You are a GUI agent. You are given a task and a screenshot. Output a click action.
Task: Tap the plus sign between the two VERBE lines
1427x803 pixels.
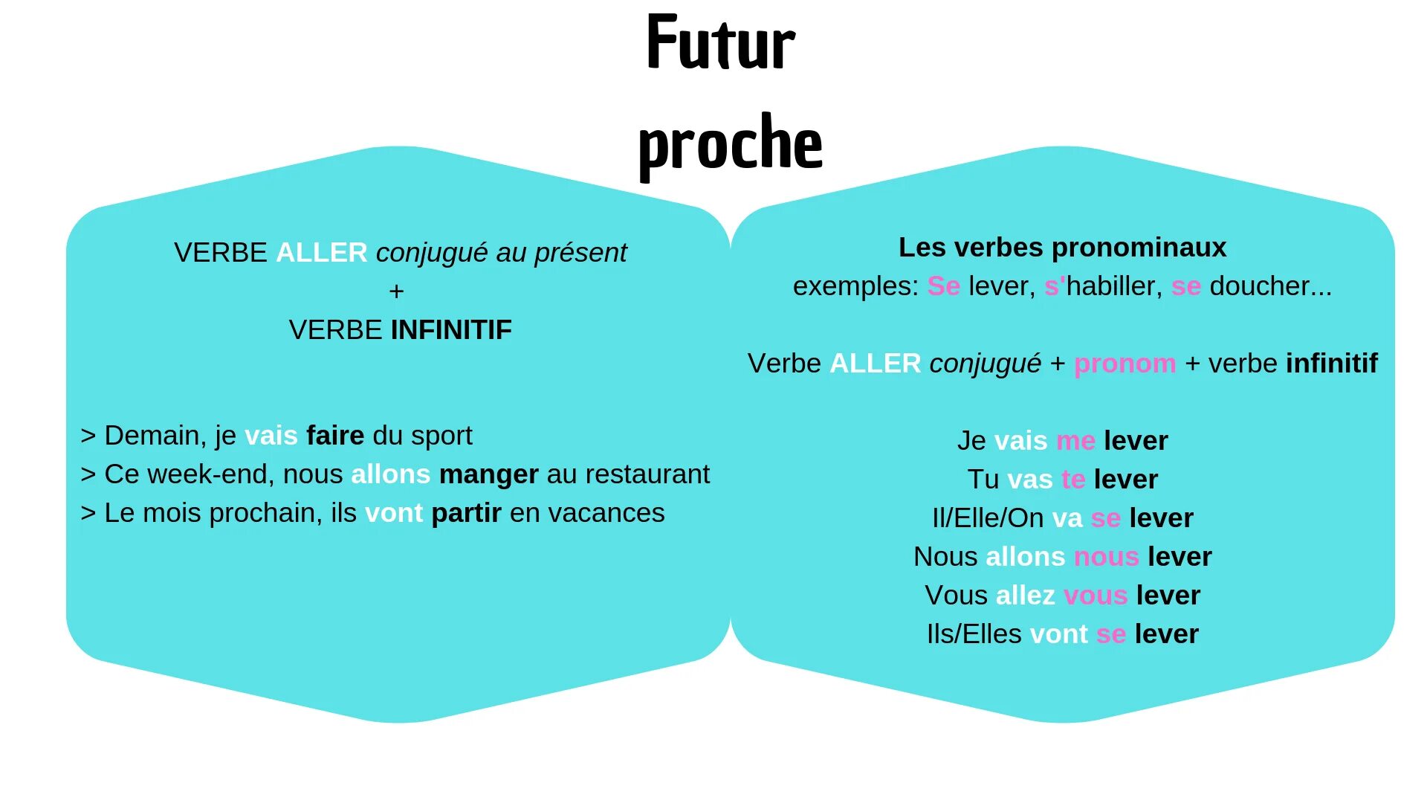pyautogui.click(x=396, y=291)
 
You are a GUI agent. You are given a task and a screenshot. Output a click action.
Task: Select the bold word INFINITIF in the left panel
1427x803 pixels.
pyautogui.click(x=451, y=329)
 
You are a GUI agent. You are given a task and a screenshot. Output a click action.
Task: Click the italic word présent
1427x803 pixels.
pyautogui.click(x=580, y=253)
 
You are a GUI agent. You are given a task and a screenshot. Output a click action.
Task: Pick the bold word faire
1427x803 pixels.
pyautogui.click(x=335, y=436)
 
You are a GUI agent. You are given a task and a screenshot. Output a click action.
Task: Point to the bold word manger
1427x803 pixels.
pyautogui.click(x=488, y=474)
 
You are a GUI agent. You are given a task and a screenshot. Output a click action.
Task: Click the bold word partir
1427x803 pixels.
pyautogui.click(x=466, y=513)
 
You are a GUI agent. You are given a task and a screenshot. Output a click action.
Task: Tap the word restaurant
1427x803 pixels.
pyautogui.click(x=647, y=474)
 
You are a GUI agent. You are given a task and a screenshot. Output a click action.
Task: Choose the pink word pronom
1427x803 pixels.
pyautogui.click(x=1125, y=364)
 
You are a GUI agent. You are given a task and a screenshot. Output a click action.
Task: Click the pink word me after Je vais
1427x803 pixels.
pyautogui.click(x=1075, y=441)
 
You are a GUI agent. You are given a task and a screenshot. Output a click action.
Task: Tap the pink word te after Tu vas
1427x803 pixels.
pyautogui.click(x=1073, y=480)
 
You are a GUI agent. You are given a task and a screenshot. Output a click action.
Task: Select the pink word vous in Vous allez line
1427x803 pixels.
pyautogui.click(x=1096, y=596)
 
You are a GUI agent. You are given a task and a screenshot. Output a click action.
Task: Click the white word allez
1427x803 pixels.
pyautogui.click(x=1025, y=596)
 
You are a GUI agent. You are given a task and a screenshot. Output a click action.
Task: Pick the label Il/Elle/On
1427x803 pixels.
pyautogui.click(x=988, y=518)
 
